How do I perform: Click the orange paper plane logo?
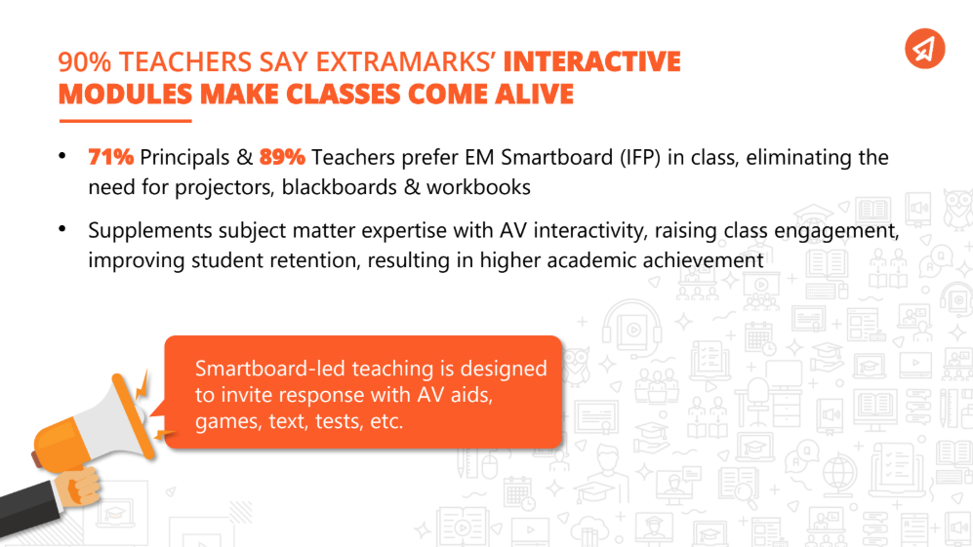pyautogui.click(x=923, y=48)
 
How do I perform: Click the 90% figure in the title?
pyautogui.click(x=82, y=62)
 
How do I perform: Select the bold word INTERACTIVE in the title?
pyautogui.click(x=591, y=62)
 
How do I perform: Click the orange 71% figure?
pyautogui.click(x=112, y=158)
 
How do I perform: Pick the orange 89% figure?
pyautogui.click(x=283, y=158)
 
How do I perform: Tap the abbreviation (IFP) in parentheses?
pyautogui.click(x=630, y=158)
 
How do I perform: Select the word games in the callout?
pyautogui.click(x=222, y=422)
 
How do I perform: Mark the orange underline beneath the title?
pyautogui.click(x=125, y=120)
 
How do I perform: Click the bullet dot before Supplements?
pyautogui.click(x=62, y=229)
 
